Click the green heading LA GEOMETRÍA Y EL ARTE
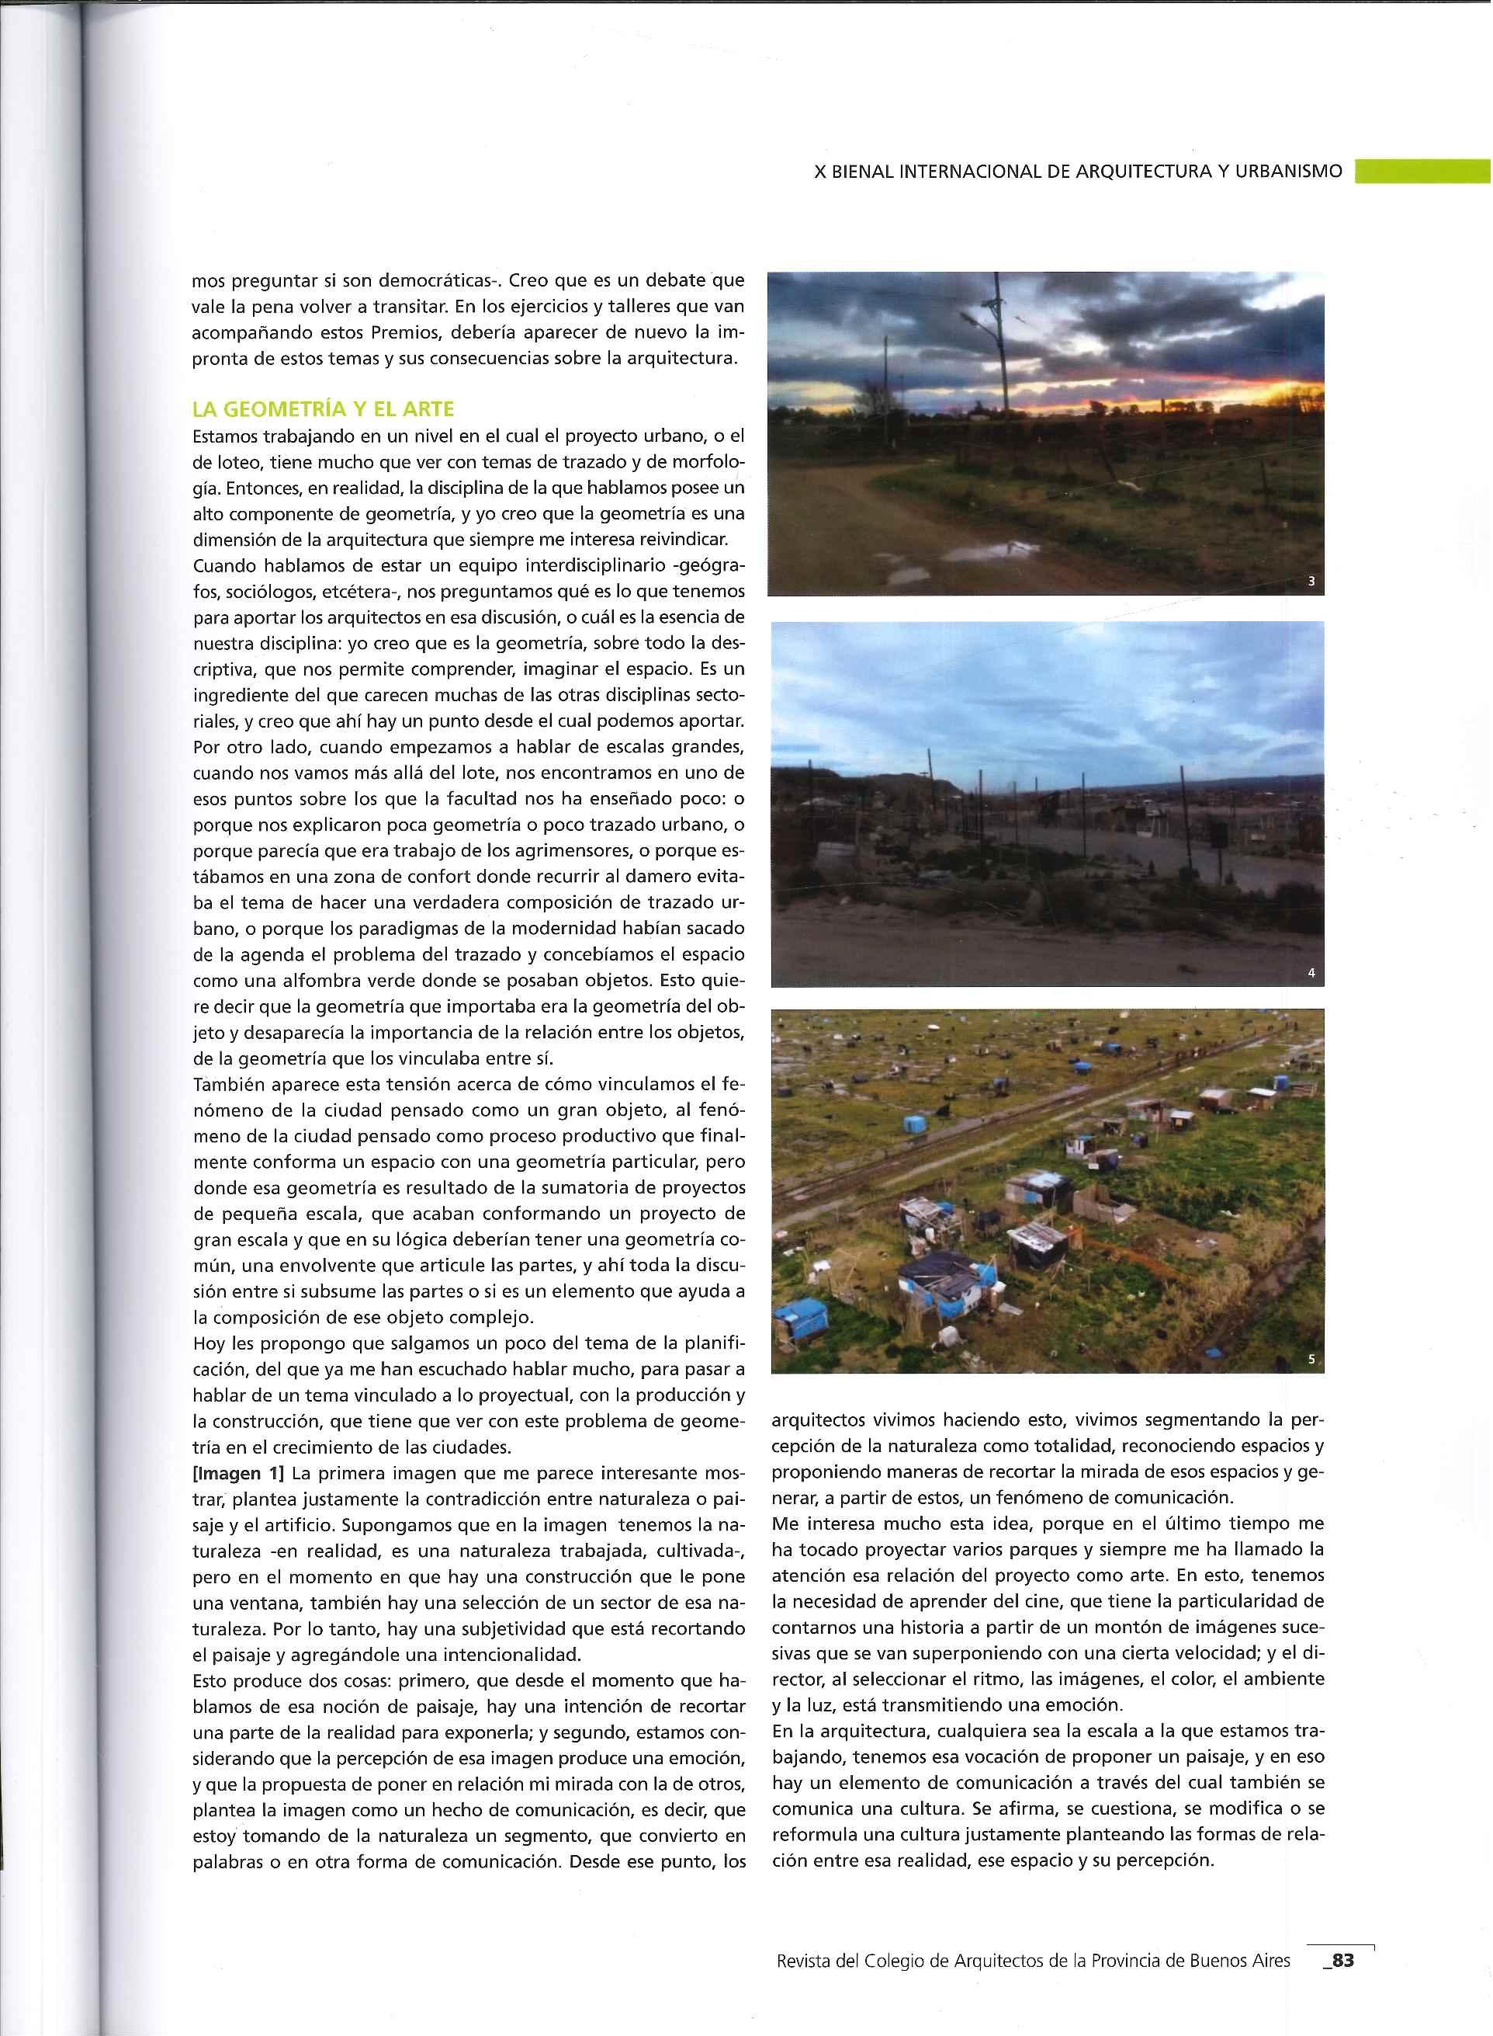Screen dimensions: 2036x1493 323,409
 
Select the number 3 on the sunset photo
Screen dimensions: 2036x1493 1311,582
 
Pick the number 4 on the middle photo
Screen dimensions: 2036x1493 1311,974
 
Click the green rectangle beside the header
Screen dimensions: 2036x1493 1422,171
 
